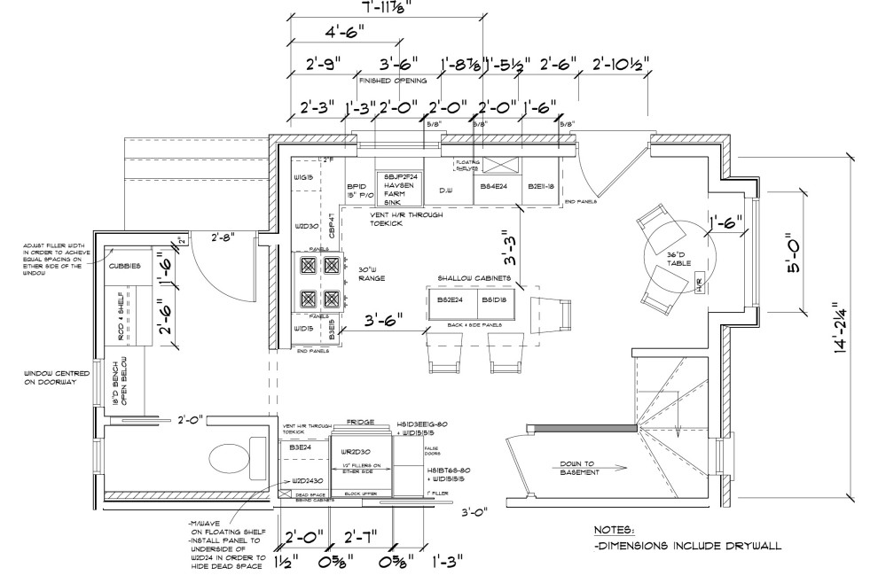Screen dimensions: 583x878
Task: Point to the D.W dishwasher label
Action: click(x=445, y=190)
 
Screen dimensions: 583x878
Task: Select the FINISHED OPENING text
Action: click(x=391, y=80)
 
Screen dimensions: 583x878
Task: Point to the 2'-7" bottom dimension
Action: click(x=361, y=534)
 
